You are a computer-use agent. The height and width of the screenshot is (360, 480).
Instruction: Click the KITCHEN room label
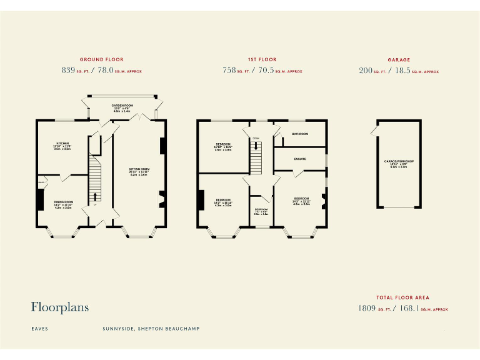62,143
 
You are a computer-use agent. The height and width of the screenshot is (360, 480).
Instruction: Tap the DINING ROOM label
64,202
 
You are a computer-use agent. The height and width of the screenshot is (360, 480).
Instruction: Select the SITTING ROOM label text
139,169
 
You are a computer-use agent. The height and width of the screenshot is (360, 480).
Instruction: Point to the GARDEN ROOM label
122,106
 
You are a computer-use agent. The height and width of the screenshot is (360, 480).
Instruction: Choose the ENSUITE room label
300,159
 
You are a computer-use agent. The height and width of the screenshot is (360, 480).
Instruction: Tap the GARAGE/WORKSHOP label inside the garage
399,161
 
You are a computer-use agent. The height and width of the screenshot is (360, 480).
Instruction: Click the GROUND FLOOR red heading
101,60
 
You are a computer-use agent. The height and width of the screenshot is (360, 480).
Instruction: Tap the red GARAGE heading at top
399,60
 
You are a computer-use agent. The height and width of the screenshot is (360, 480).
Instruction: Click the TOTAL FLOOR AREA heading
402,298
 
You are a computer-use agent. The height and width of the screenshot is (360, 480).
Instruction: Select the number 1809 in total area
366,308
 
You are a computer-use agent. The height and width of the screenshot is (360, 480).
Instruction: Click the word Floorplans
60,307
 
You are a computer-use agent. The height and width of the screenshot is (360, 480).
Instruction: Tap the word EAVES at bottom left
39,328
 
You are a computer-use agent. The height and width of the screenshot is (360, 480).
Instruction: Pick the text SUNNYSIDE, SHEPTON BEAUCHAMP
151,328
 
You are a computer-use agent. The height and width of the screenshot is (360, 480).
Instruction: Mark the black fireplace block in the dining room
40,200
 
